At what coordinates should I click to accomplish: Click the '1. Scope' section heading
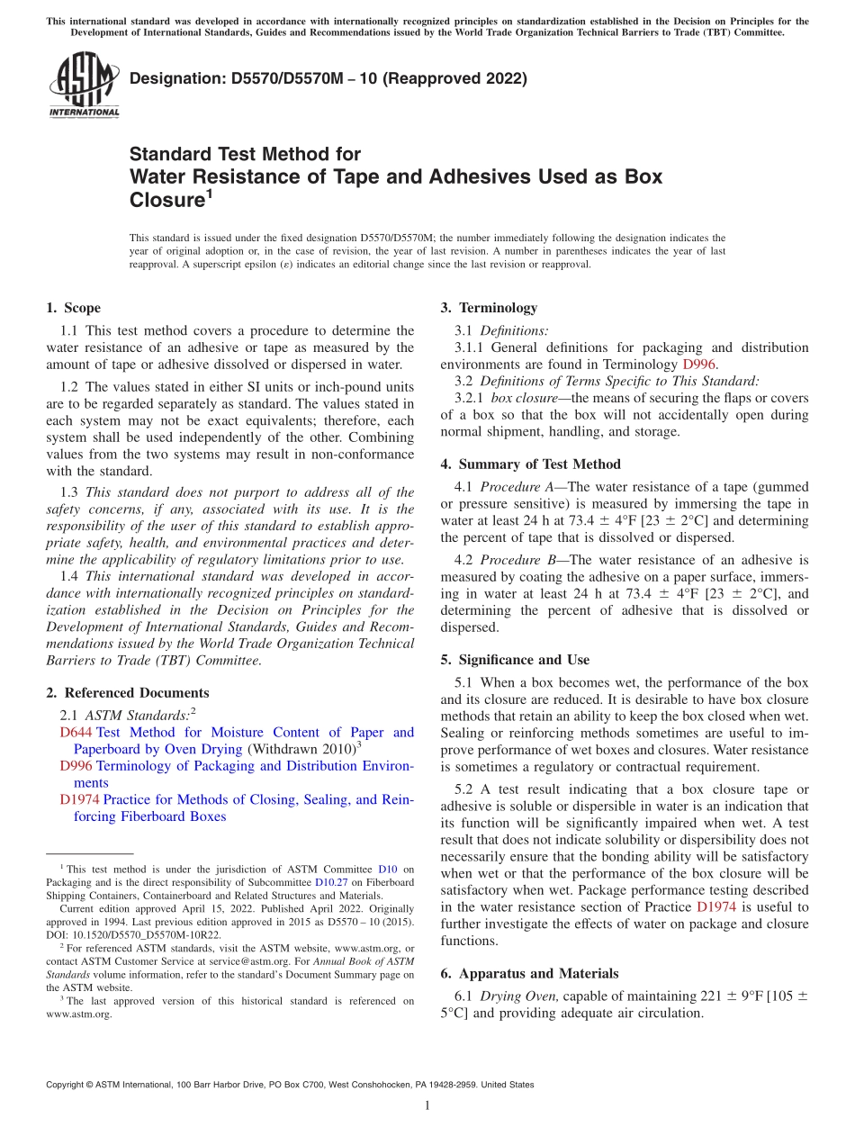click(73, 308)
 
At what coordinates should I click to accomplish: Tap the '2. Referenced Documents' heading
click(127, 693)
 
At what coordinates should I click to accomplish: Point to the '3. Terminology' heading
click(488, 308)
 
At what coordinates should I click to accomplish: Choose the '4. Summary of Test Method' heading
click(530, 464)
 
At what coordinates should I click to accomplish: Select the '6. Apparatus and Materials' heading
click(529, 973)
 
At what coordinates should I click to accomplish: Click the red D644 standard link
click(76, 733)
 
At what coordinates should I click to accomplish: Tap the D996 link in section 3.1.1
click(699, 365)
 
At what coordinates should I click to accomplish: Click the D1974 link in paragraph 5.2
click(717, 906)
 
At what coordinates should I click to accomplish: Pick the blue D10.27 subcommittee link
click(330, 883)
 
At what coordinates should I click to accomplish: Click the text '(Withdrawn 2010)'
click(301, 749)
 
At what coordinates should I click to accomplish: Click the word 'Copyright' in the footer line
click(65, 1086)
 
